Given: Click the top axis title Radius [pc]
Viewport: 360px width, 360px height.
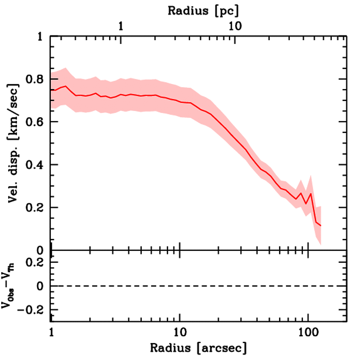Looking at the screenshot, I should pos(203,11).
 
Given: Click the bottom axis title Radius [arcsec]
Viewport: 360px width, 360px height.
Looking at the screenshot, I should pos(199,348).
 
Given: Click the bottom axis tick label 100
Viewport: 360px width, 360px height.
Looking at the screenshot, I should pos(308,332).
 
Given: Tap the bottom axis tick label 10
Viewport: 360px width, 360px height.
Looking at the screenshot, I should pos(180,332).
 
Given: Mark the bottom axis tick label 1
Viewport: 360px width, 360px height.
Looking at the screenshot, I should pos(51,332).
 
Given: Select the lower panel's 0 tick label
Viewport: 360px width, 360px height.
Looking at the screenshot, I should pos(40,286).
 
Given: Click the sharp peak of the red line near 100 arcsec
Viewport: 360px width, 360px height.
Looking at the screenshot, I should pos(311,193).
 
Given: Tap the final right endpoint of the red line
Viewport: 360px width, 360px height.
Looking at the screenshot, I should pos(321,226).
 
